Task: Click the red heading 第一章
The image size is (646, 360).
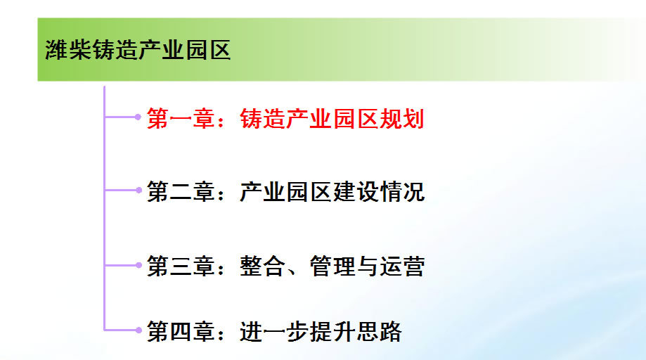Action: point(181,119)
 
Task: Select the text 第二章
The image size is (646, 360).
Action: point(181,192)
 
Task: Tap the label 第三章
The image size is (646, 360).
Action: point(181,266)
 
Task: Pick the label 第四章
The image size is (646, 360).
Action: point(181,330)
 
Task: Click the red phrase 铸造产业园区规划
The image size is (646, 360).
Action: point(332,119)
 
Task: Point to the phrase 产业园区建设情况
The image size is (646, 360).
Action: point(332,192)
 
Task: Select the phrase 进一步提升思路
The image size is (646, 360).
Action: point(320,330)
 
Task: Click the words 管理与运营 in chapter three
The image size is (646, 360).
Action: point(367,266)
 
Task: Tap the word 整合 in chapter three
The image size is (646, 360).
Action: point(262,266)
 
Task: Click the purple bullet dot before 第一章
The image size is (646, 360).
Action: point(138,117)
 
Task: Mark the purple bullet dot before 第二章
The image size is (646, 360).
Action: point(138,190)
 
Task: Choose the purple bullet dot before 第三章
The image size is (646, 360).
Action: point(138,264)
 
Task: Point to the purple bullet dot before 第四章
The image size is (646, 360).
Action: point(138,329)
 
